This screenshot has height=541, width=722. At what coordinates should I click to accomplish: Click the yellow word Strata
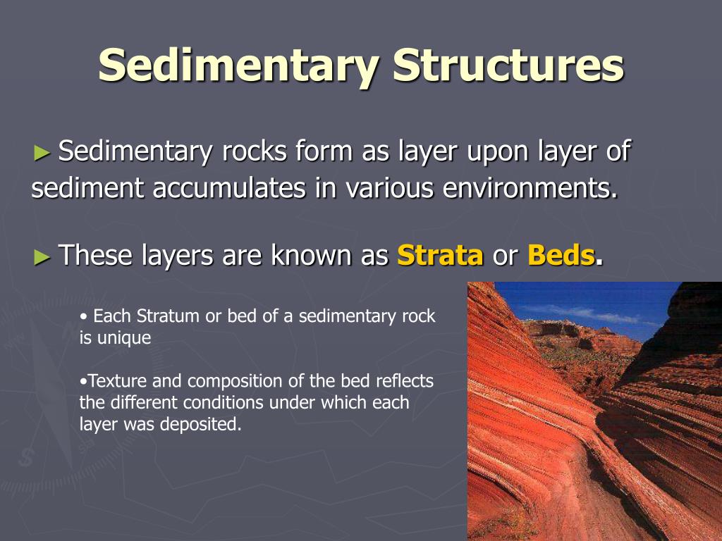pos(440,255)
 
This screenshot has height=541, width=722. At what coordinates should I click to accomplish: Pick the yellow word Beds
pos(561,255)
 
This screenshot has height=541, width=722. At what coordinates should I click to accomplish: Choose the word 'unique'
pos(126,337)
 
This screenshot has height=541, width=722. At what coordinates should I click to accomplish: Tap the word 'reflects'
pos(404,381)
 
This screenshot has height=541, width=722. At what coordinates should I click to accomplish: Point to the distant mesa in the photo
pos(564,331)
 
